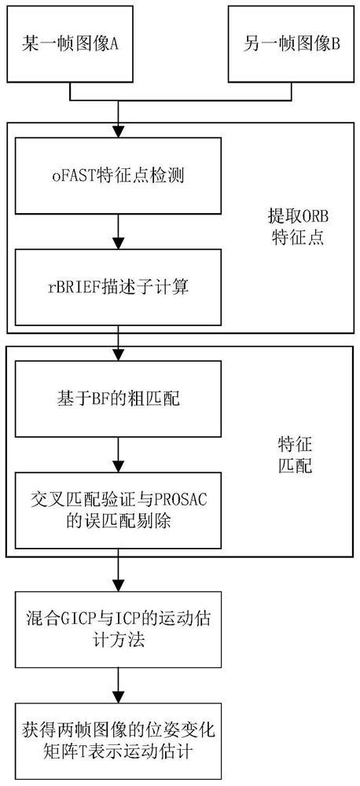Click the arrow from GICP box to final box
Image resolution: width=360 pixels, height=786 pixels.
(119, 684)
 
